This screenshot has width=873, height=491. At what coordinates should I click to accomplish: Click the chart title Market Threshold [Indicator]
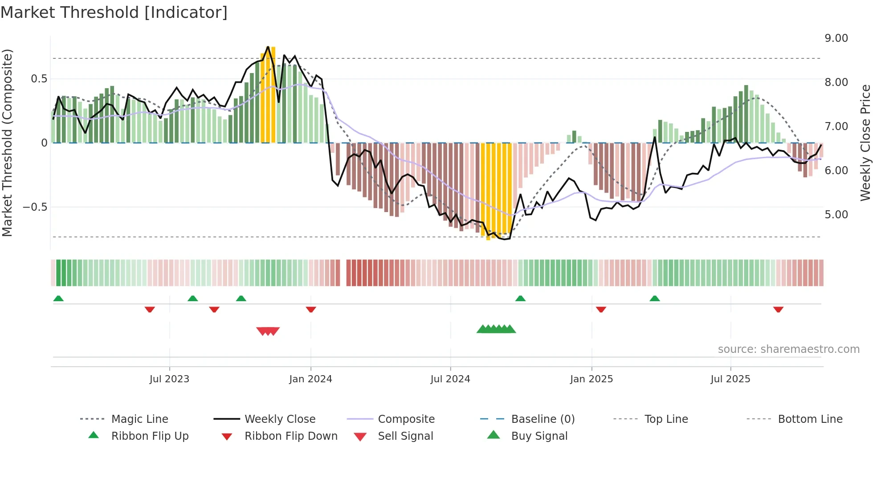pyautogui.click(x=114, y=12)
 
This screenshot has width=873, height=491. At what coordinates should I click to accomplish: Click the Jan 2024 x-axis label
pyautogui.click(x=310, y=379)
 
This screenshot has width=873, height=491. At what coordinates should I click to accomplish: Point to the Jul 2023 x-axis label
pyautogui.click(x=169, y=379)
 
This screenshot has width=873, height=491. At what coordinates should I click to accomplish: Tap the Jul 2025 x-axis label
pyautogui.click(x=730, y=379)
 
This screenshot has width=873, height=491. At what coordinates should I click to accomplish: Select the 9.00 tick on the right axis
pyautogui.click(x=836, y=38)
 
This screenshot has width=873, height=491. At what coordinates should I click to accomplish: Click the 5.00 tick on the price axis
pyautogui.click(x=836, y=215)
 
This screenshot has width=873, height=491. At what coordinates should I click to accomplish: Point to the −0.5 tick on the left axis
pyautogui.click(x=35, y=207)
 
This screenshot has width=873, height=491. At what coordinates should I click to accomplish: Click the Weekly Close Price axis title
pyautogui.click(x=865, y=143)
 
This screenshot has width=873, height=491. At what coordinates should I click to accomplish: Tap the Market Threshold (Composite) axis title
pyautogui.click(x=7, y=143)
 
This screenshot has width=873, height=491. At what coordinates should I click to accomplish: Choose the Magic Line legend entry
pyautogui.click(x=139, y=419)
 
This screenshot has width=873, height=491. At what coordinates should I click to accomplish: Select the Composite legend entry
pyautogui.click(x=406, y=419)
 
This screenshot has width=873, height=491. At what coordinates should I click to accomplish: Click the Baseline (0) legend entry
pyautogui.click(x=543, y=419)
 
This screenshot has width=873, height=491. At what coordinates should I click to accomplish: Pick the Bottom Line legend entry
pyautogui.click(x=810, y=419)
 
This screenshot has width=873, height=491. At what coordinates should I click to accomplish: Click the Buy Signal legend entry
pyautogui.click(x=539, y=436)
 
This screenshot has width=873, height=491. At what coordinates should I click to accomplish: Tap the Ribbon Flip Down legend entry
pyautogui.click(x=290, y=436)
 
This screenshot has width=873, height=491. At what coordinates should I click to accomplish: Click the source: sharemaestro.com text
pyautogui.click(x=788, y=349)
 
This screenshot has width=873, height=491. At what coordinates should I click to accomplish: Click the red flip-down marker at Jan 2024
pyautogui.click(x=311, y=309)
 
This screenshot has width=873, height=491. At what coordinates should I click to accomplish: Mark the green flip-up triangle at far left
pyautogui.click(x=58, y=299)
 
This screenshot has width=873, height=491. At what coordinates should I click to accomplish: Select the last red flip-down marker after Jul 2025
pyautogui.click(x=778, y=309)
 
